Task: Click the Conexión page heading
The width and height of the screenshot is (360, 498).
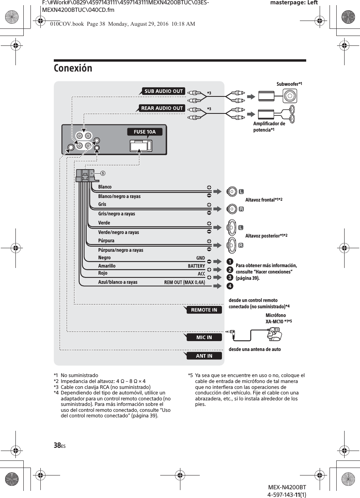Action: pos(73,68)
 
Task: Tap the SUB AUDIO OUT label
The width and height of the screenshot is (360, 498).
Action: pos(163,91)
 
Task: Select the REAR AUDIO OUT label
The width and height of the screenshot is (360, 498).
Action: pos(162,108)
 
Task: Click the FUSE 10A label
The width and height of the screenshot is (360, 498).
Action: pos(145,132)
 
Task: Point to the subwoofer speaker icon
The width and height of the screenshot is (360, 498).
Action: pos(290,96)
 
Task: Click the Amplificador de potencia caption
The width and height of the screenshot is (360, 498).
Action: pos(269,127)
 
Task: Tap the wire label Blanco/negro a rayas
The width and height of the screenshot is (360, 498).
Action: pos(119,196)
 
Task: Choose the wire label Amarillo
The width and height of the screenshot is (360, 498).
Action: pos(107,266)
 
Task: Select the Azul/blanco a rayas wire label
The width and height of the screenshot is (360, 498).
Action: pos(118,282)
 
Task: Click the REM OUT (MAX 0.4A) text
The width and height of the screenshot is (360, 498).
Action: pos(185,282)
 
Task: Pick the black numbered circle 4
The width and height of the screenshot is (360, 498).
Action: pos(230,286)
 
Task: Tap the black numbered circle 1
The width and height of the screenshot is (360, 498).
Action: pos(230,261)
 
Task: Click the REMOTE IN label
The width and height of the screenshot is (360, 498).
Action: pos(204,310)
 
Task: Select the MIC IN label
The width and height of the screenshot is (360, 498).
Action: pos(204,338)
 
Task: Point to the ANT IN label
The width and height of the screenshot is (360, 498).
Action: pos(204,356)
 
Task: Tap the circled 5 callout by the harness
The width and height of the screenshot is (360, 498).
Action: pos(103,173)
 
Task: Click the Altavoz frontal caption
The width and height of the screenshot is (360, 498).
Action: pos(263,200)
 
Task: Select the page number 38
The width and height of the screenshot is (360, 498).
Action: pos(57,445)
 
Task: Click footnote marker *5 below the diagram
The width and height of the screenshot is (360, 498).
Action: pos(190,375)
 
